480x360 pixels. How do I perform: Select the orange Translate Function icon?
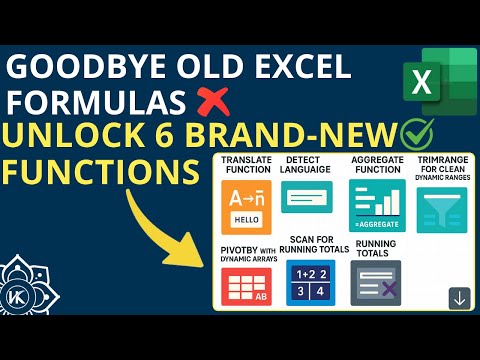(x=245, y=207)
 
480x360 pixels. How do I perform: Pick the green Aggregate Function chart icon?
(x=373, y=205)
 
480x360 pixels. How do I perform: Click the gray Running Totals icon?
(x=375, y=283)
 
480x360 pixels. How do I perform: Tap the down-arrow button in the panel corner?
(x=459, y=298)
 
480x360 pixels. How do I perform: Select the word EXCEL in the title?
(x=300, y=68)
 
